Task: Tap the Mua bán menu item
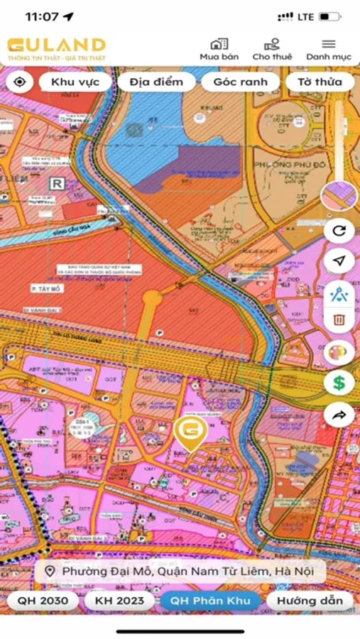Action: [x=219, y=48]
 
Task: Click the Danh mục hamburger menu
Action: [x=329, y=48]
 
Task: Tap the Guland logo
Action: [x=56, y=48]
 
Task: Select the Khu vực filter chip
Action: [x=75, y=82]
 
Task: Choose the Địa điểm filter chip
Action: [x=156, y=82]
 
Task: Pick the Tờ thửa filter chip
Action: [x=320, y=82]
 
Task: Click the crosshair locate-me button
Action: [x=19, y=82]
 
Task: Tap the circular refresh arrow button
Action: [x=339, y=230]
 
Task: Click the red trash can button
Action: [x=339, y=320]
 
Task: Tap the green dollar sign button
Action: [x=339, y=383]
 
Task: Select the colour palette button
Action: [x=339, y=352]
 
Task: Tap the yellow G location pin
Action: [x=190, y=432]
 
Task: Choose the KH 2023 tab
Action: [x=119, y=601]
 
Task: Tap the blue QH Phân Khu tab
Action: [x=210, y=601]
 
